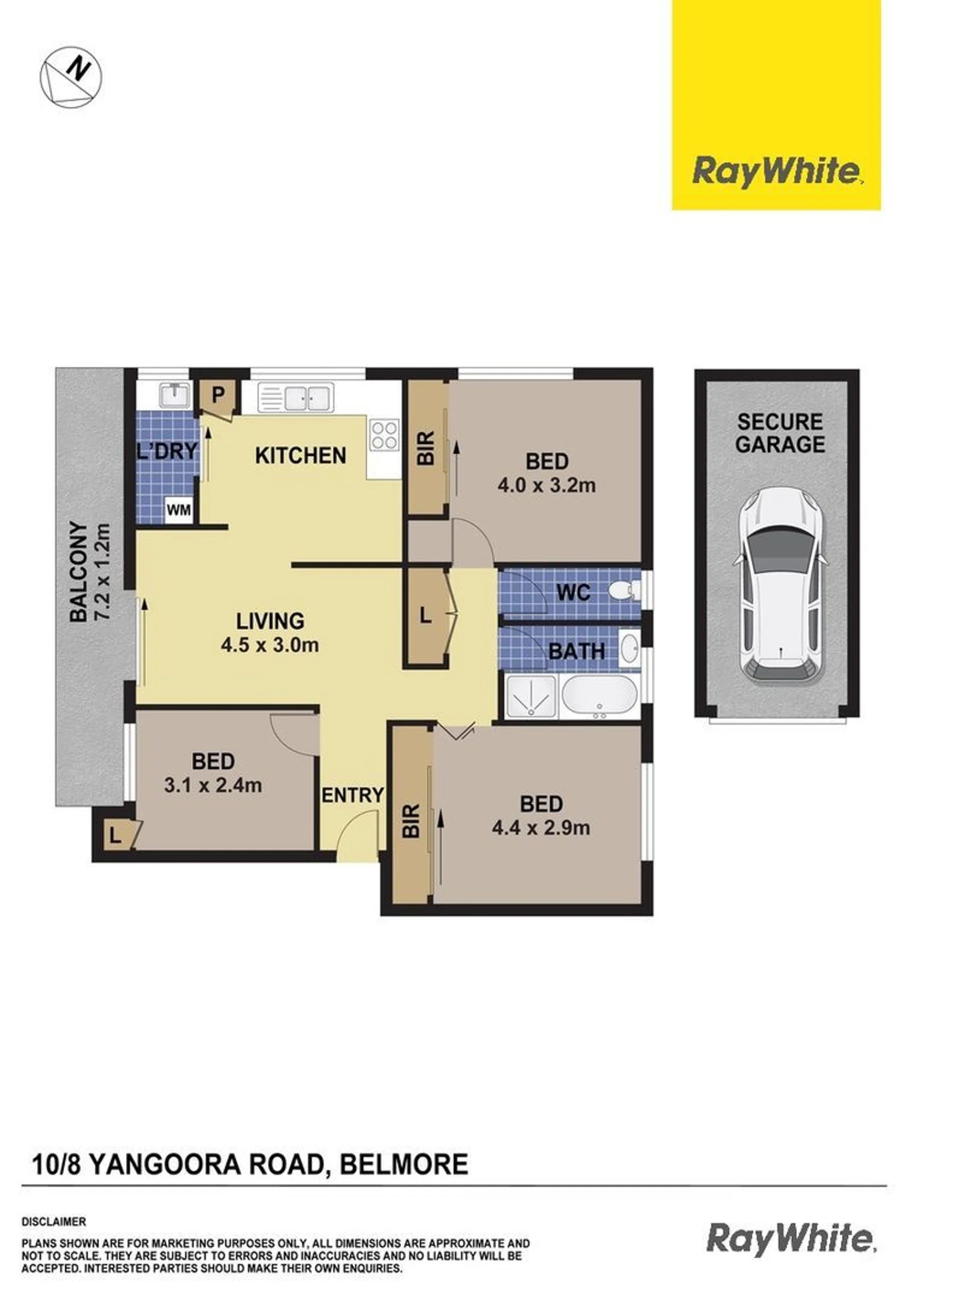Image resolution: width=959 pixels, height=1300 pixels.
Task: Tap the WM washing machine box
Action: point(179,510)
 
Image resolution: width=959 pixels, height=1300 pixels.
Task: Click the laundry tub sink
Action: point(173,396)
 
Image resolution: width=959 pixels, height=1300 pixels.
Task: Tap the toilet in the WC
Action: point(625,592)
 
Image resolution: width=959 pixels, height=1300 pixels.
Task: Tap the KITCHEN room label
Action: point(301,456)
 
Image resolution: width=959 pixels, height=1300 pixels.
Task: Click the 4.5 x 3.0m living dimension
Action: point(270,644)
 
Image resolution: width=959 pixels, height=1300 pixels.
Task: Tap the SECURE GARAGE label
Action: point(780,433)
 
